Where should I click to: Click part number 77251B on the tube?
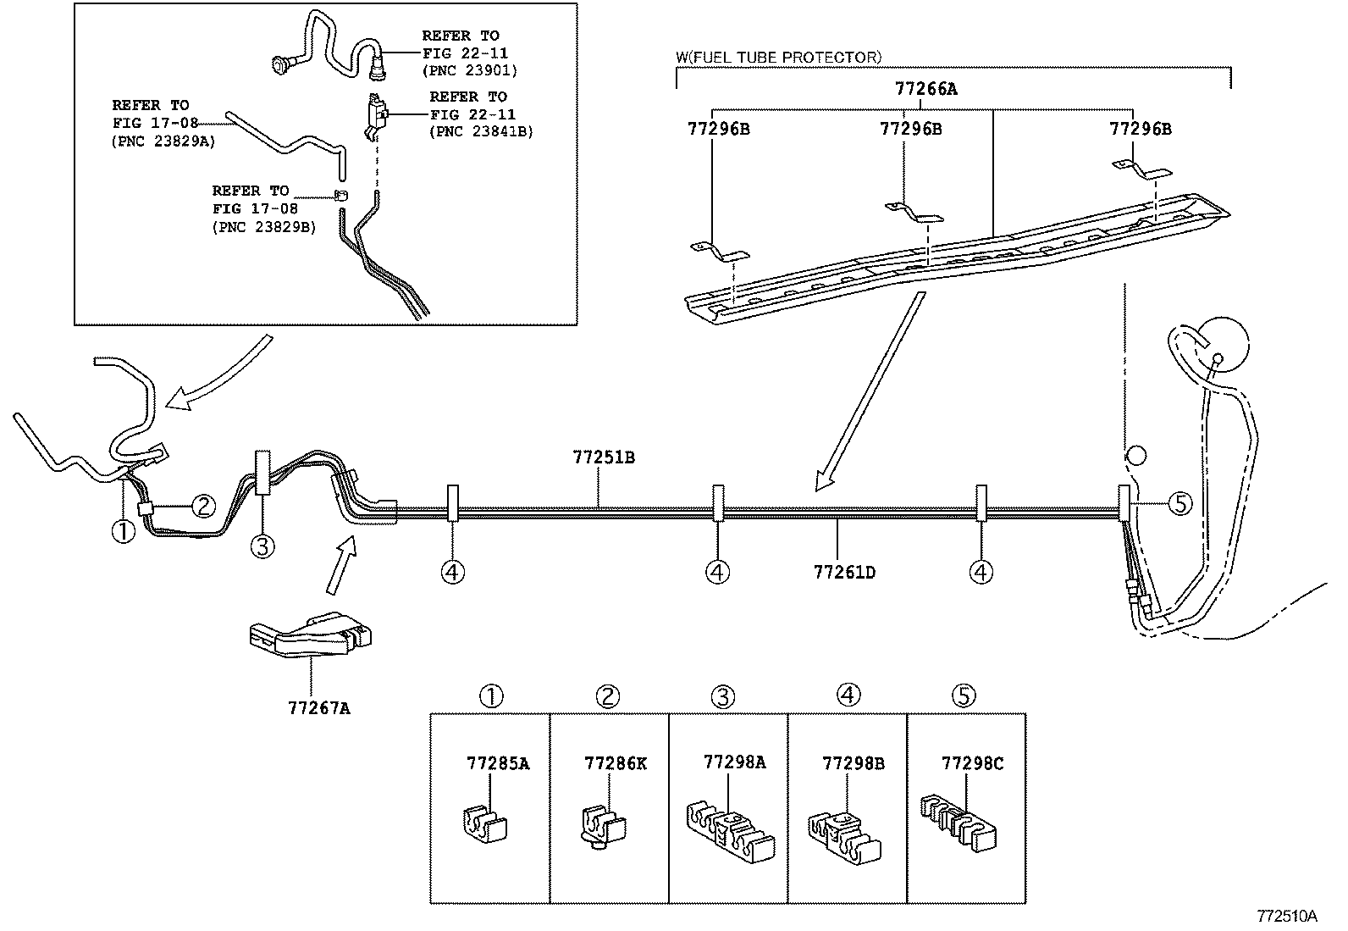click(603, 458)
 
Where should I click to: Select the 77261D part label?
click(843, 573)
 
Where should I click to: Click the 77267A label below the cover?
click(318, 708)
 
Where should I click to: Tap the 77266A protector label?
click(925, 88)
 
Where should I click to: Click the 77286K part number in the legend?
click(615, 763)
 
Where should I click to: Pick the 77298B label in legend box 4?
click(853, 763)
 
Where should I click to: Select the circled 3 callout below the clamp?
click(262, 546)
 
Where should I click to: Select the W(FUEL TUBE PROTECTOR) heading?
click(778, 57)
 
